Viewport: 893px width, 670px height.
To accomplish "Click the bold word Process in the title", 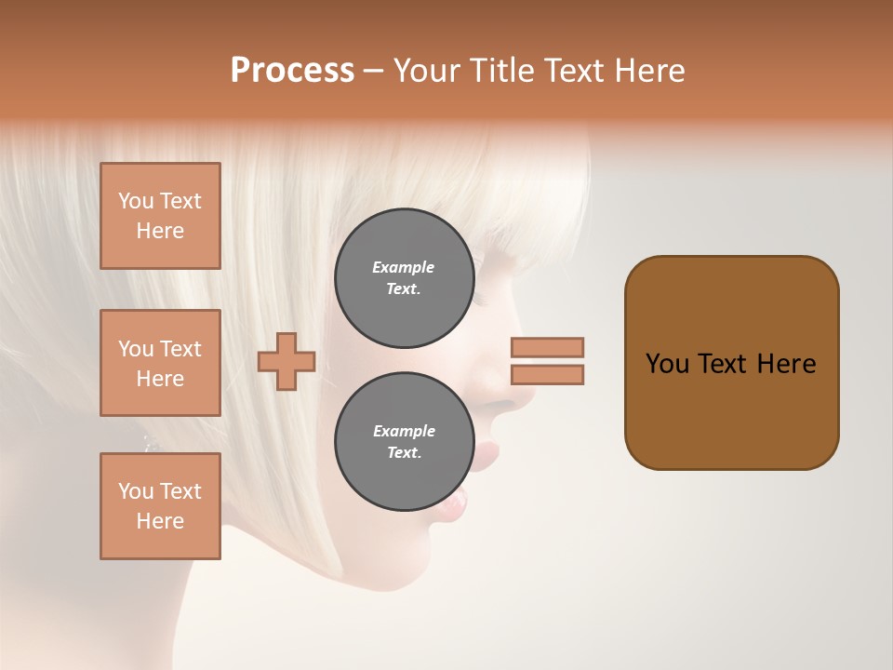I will pos(292,71).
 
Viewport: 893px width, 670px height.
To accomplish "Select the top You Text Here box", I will pos(160,216).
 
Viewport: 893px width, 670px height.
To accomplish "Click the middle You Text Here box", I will pos(160,363).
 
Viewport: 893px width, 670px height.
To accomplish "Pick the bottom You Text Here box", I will pos(160,506).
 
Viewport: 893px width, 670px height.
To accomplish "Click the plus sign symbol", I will pos(287,361).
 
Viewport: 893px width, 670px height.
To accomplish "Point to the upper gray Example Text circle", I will pos(404,277).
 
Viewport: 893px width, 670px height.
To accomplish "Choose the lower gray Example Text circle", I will pos(404,441).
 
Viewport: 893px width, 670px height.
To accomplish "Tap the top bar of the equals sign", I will pos(547,347).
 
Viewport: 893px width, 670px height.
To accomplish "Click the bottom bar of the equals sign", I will pos(547,375).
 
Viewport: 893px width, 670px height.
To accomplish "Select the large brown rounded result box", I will pos(731,363).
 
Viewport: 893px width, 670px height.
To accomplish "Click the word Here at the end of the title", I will pos(649,71).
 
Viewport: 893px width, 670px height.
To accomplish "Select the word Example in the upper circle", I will pos(404,267).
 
